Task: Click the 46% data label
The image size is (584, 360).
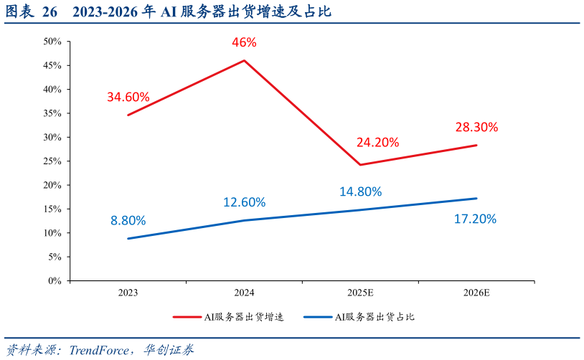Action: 244,42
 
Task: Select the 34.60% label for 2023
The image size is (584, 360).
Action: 128,97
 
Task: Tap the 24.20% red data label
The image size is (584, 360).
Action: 377,142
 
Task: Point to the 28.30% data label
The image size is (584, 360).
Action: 476,127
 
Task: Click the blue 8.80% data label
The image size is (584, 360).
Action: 128,220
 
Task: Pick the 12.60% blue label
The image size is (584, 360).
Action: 244,202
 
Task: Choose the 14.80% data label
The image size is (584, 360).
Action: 360,191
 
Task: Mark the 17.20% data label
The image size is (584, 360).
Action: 475,219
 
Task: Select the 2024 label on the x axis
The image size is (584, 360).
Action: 244,293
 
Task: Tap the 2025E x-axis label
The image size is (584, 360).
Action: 360,293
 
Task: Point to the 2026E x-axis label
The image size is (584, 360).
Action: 476,293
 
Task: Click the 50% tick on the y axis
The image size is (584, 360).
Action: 52,42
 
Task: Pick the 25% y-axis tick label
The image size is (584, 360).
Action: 52,161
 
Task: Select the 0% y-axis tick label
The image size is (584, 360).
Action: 55,280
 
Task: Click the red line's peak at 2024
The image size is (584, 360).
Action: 244,60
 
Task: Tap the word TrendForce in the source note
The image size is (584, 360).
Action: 97,350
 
